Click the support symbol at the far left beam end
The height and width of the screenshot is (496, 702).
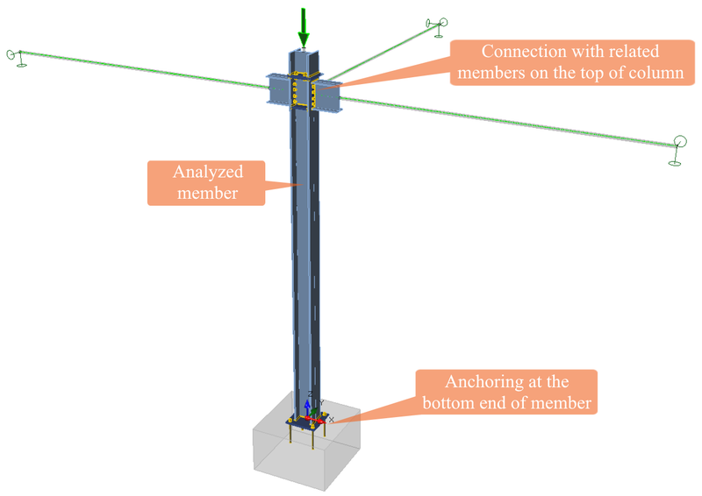[15, 55]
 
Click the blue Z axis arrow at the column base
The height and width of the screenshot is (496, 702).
[306, 407]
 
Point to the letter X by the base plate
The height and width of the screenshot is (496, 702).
[331, 420]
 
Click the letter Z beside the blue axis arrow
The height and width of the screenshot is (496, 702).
[311, 393]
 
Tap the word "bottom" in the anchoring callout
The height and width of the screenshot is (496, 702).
[452, 403]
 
